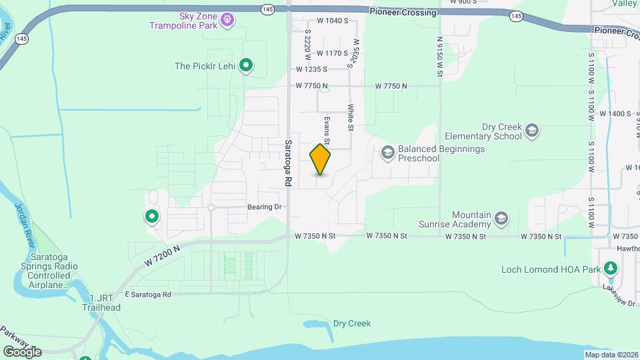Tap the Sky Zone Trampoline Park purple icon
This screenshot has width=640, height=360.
click(227, 21)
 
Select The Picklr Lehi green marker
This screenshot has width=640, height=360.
click(246, 65)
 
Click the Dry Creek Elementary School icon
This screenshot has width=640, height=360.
click(531, 130)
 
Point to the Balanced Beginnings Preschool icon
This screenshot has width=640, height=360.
click(387, 153)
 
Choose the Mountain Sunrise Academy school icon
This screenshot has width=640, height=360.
click(501, 218)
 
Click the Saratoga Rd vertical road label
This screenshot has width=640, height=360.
click(288, 163)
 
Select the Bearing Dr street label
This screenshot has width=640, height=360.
click(265, 207)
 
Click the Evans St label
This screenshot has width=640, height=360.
click(327, 129)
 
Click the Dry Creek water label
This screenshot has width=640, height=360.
click(351, 324)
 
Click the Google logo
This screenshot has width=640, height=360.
click(22, 351)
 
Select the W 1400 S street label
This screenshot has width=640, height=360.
click(615, 114)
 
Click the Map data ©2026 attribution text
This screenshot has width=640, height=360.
click(610, 355)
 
